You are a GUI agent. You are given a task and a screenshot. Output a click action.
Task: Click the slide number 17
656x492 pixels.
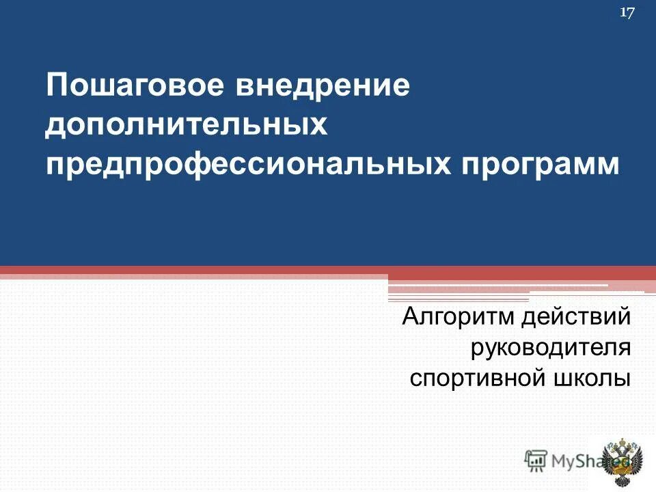click(627, 12)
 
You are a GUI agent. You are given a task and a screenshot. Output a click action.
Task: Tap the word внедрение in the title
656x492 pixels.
click(323, 87)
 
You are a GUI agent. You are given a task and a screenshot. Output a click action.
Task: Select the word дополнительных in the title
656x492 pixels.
click(184, 126)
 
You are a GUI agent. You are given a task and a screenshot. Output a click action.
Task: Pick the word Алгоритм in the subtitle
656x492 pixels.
click(459, 316)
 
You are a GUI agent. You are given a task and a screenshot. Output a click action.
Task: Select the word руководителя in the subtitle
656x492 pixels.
click(550, 348)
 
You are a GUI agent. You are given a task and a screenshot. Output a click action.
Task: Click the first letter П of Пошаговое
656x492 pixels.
click(57, 87)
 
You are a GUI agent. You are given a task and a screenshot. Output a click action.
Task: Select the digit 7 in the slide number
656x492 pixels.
click(631, 12)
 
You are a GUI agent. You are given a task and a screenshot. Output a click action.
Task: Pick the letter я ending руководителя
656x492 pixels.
click(623, 348)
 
